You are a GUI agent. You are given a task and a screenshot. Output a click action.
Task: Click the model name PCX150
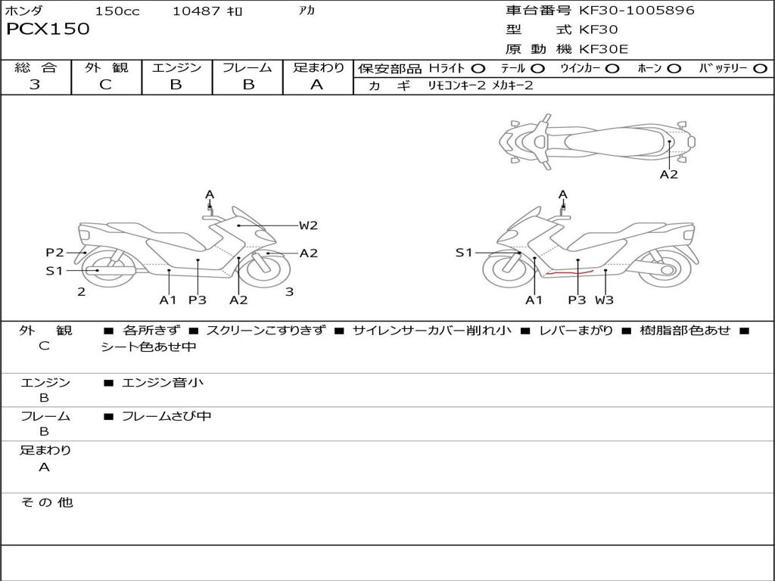point(48,30)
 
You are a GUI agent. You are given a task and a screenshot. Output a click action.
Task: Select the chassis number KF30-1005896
point(636,11)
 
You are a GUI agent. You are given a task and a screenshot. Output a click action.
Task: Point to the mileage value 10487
point(196,11)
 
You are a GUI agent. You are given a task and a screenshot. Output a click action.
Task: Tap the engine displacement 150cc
point(117,11)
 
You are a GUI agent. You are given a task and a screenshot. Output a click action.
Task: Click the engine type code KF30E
point(603,50)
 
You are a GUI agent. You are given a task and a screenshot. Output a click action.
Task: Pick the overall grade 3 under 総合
point(35,85)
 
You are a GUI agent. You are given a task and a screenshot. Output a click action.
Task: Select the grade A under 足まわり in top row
point(317,85)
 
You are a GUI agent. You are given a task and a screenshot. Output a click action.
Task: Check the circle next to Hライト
point(478,69)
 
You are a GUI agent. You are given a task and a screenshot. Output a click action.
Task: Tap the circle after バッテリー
point(760,69)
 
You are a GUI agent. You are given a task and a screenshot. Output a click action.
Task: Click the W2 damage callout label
point(308,225)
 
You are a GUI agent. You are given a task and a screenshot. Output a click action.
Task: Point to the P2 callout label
point(54,253)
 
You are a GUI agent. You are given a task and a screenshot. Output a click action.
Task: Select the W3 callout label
point(604,300)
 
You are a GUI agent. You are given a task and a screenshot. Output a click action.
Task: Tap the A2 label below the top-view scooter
point(669,174)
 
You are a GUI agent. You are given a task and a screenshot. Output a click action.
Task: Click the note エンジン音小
point(163,383)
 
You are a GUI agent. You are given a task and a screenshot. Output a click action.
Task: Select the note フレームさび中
point(167,416)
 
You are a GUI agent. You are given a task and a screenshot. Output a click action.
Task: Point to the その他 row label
point(47,502)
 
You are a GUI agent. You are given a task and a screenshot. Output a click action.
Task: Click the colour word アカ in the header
point(307,11)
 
